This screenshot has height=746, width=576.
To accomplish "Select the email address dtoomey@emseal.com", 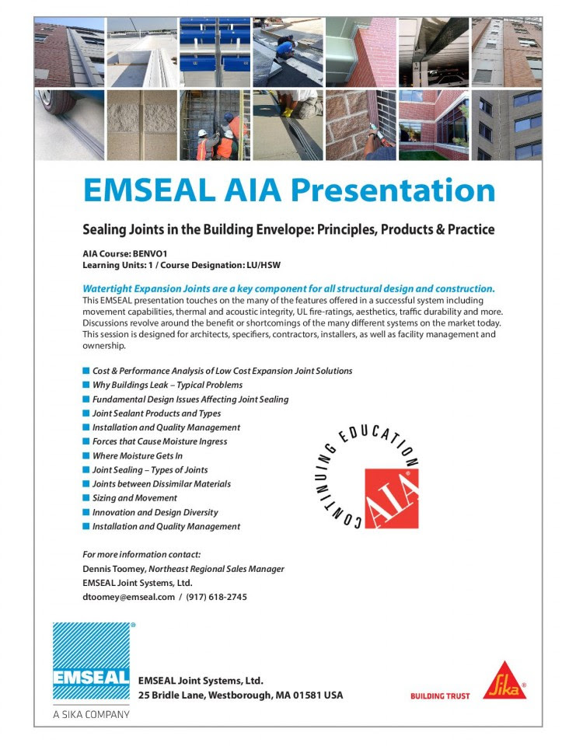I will (x=128, y=597).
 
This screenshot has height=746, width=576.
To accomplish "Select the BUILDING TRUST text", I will (x=440, y=696).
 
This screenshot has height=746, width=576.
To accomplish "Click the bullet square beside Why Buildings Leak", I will (x=86, y=385).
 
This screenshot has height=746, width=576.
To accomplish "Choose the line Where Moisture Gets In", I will (x=138, y=455).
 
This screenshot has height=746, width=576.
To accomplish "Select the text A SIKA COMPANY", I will (x=91, y=714).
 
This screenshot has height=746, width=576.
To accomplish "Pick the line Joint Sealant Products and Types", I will (x=156, y=413).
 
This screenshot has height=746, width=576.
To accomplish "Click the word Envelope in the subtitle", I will (x=269, y=229).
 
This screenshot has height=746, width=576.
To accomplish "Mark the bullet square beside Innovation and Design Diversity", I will (x=86, y=512).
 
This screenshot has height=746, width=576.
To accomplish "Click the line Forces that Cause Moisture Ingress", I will (x=159, y=441).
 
